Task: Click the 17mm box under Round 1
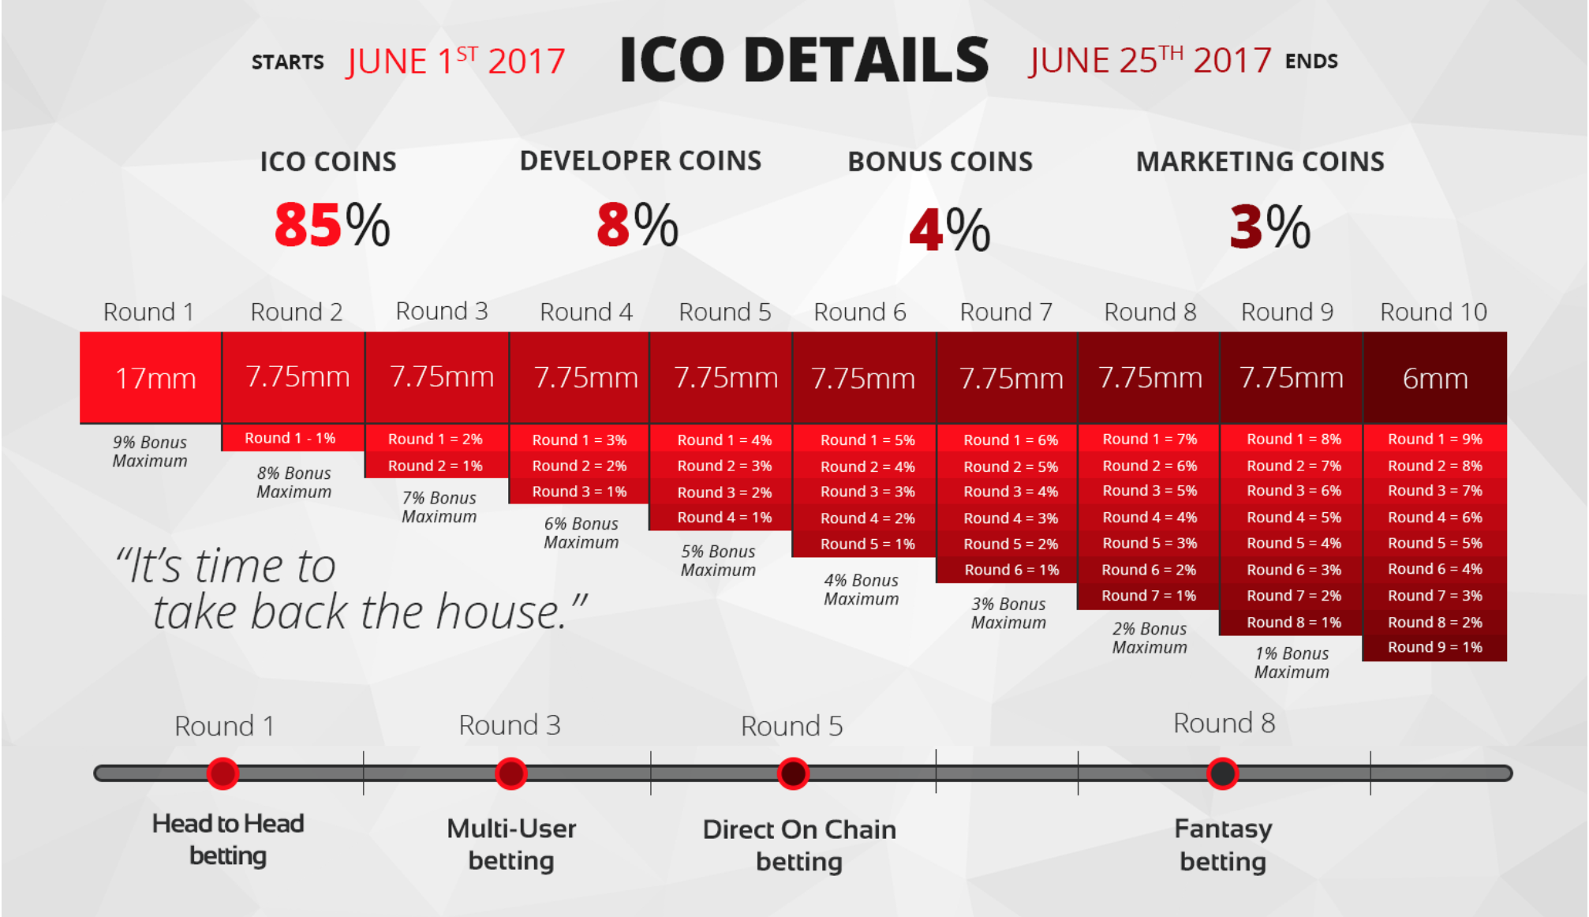coord(151,377)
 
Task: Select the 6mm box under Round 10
coord(1434,377)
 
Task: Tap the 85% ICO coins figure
coord(332,225)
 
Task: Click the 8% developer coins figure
coord(637,225)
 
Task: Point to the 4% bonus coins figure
coord(950,230)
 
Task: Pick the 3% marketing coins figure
coord(1270,226)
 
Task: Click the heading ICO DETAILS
coord(804,60)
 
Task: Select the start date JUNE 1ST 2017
coord(456,61)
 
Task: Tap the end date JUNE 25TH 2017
coord(1150,60)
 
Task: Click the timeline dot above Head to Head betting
coord(222,773)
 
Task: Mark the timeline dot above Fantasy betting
coord(1222,773)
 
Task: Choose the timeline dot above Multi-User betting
coord(511,773)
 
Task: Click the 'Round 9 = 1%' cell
coord(1434,648)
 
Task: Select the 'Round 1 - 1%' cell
coord(293,438)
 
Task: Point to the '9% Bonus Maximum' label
coord(150,451)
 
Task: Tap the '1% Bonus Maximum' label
coord(1292,663)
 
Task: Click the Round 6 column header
coord(860,313)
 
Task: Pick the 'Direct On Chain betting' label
coord(799,845)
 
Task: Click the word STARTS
coord(288,62)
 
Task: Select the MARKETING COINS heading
coord(1260,162)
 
